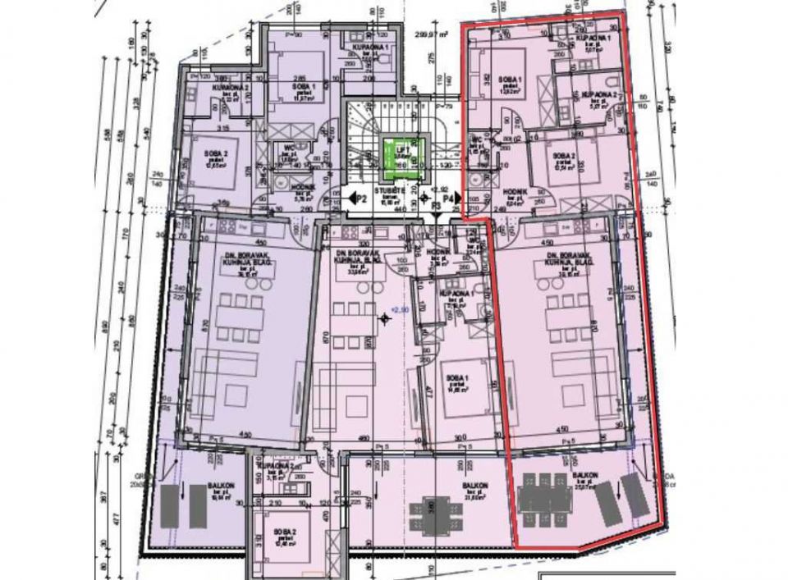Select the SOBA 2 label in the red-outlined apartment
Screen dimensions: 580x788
pyautogui.click(x=563, y=156)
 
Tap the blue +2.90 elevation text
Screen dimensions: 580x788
pyautogui.click(x=399, y=308)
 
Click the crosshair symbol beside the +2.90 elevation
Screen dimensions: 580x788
pyautogui.click(x=383, y=318)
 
